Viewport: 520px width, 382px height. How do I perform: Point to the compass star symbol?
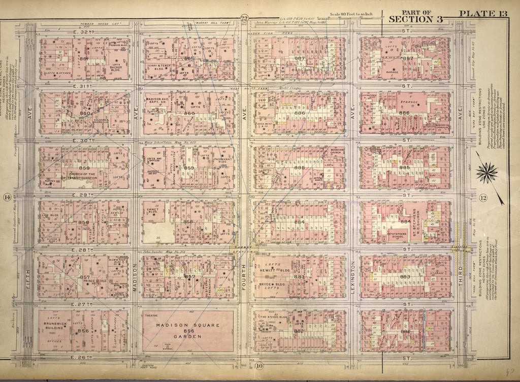pos(486,172)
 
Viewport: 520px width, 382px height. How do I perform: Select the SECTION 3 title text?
pos(415,20)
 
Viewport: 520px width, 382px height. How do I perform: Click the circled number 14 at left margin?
pos(7,197)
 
